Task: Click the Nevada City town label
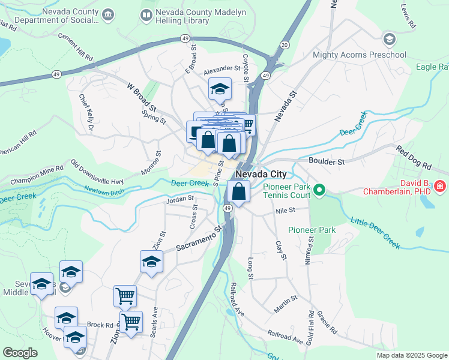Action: pyautogui.click(x=261, y=174)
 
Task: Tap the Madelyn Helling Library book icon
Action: pyautogui.click(x=146, y=14)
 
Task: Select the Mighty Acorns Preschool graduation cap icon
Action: pyautogui.click(x=390, y=40)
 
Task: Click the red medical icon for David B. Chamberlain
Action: pyautogui.click(x=440, y=187)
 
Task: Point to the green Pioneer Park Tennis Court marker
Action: pyautogui.click(x=319, y=191)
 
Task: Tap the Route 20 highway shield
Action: pyautogui.click(x=285, y=45)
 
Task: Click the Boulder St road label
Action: pyautogui.click(x=327, y=161)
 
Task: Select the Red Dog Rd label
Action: pyautogui.click(x=414, y=157)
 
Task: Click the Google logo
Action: pyautogui.click(x=20, y=353)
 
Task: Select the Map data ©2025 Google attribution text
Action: pyautogui.click(x=411, y=355)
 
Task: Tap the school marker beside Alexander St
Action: pyautogui.click(x=220, y=89)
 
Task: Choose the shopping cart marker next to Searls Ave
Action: pyautogui.click(x=131, y=321)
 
